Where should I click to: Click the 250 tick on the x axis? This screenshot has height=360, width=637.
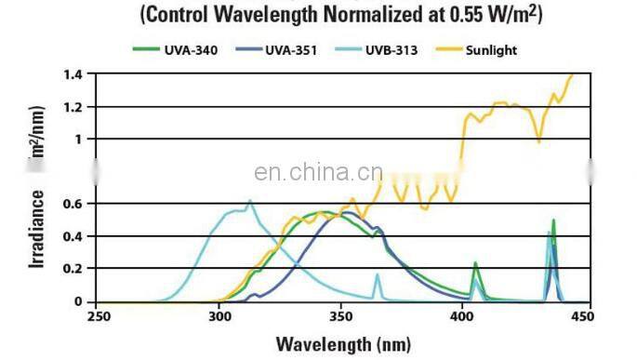click(x=99, y=316)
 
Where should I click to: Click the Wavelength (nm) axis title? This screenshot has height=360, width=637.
click(x=339, y=343)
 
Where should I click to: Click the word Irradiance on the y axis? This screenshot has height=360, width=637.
click(x=37, y=230)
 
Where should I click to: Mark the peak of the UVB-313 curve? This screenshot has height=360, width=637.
click(x=249, y=201)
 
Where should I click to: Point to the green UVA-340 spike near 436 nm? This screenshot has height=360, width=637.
click(x=553, y=221)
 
